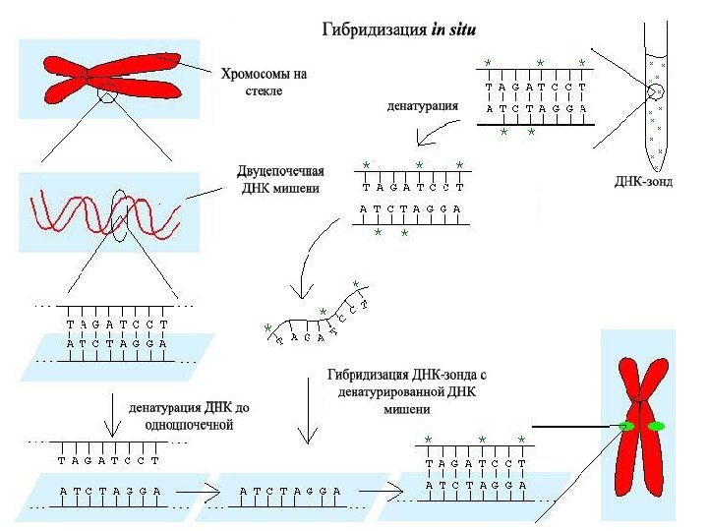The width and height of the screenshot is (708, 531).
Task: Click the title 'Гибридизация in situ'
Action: (x=399, y=30)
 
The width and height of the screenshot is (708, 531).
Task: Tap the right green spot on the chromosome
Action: (x=656, y=426)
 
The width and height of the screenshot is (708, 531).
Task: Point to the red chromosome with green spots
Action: (x=640, y=423)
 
